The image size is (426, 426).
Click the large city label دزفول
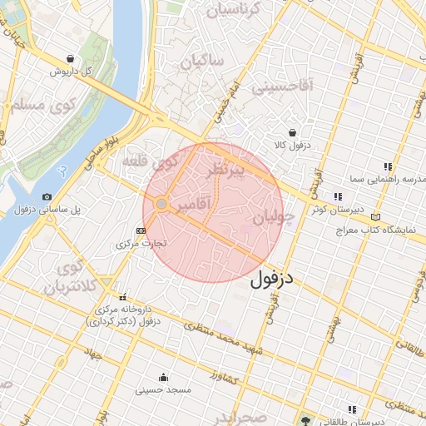272,278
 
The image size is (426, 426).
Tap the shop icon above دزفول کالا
292,132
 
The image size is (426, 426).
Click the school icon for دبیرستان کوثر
337,196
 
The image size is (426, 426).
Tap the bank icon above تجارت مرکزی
141,230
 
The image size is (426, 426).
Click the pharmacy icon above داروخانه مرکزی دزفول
123,297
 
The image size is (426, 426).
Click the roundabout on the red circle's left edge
161,203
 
